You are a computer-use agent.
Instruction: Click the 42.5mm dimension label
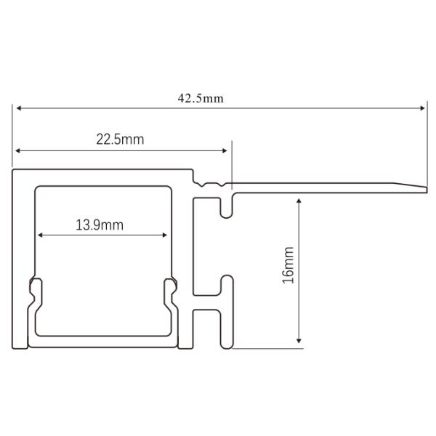pyautogui.click(x=201, y=99)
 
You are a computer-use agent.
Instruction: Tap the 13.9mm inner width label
pyautogui.click(x=100, y=225)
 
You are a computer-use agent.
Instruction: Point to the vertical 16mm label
pyautogui.click(x=288, y=265)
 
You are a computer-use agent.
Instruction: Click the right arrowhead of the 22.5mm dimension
pyautogui.click(x=225, y=151)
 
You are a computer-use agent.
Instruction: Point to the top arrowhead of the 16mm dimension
pyautogui.click(x=299, y=198)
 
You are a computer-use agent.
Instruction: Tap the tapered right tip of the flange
pyautogui.click(x=424, y=188)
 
